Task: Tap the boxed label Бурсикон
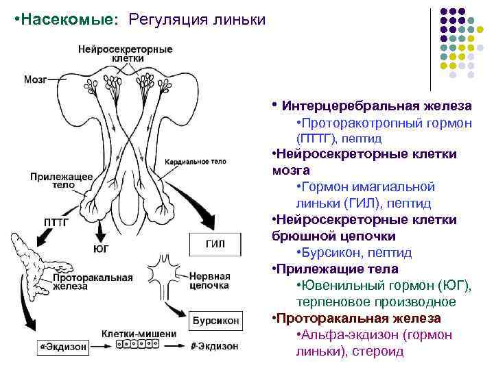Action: (x=215, y=320)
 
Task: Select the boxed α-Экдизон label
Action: (x=62, y=347)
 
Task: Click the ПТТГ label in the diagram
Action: (x=56, y=222)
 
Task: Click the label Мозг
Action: (x=36, y=79)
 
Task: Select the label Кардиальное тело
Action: (x=196, y=162)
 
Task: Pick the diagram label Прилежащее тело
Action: (x=62, y=181)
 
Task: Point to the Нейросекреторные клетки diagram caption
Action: (x=125, y=53)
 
